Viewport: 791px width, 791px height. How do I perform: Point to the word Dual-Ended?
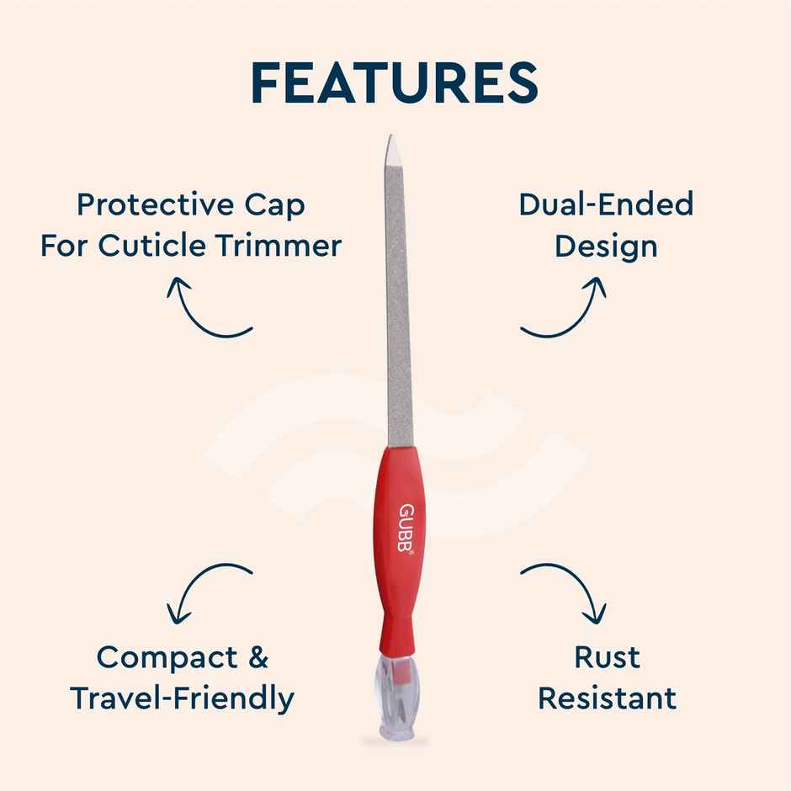click(x=606, y=204)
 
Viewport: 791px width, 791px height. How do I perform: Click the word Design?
click(x=606, y=246)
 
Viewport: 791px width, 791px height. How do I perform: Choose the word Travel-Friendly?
click(x=183, y=698)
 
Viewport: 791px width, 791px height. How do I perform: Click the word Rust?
click(x=607, y=657)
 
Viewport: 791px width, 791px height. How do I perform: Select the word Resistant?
click(x=607, y=698)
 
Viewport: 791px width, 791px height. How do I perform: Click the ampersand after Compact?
click(x=257, y=657)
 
